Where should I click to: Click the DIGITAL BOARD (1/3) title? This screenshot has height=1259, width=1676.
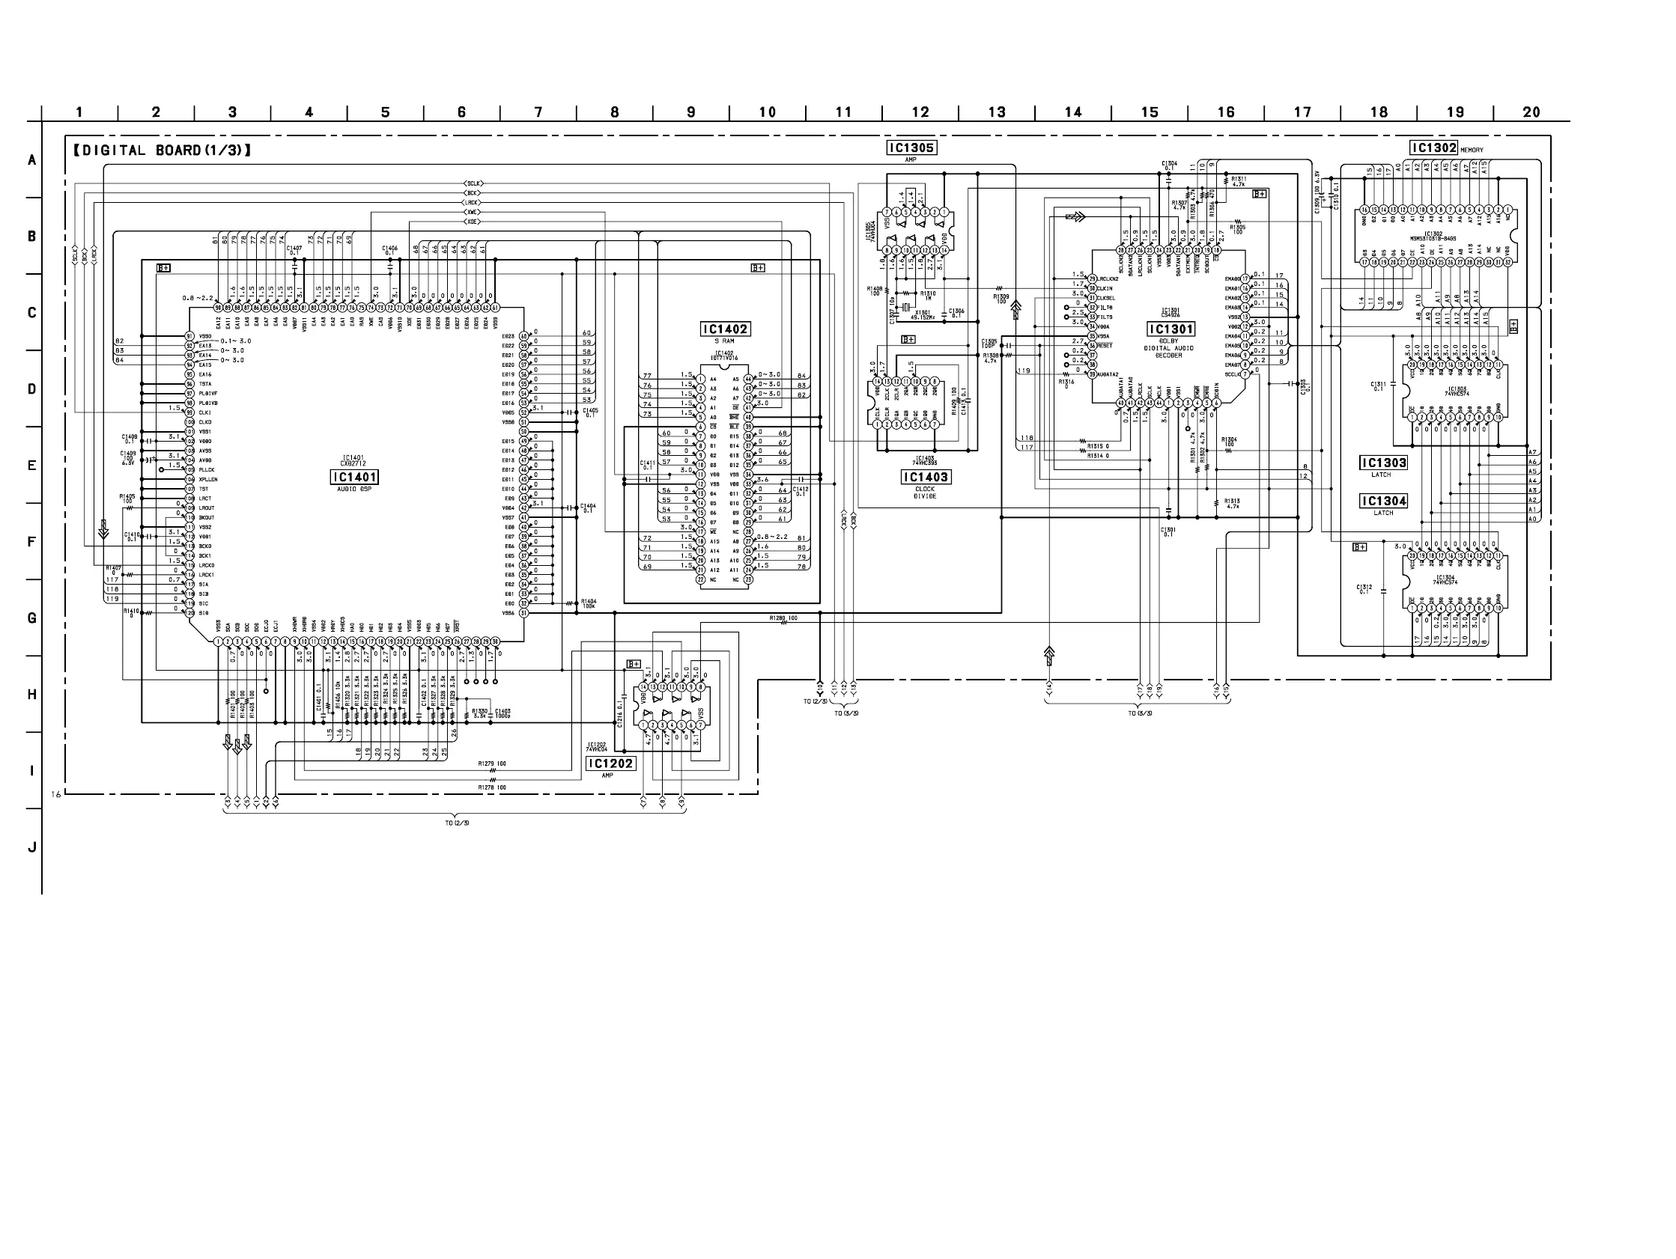tap(162, 150)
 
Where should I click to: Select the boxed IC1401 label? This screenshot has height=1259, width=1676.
tap(353, 478)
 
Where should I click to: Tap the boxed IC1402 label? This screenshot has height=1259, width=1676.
tap(725, 329)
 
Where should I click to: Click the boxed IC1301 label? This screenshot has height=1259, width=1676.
tap(1171, 329)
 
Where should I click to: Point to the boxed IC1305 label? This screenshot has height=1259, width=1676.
tap(911, 147)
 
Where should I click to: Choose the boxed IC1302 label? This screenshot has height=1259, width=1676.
tap(1433, 147)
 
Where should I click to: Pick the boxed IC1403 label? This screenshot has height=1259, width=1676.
tap(925, 478)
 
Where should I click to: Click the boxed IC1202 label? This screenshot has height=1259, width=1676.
tap(610, 763)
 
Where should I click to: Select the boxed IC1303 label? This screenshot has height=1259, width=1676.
tap(1384, 463)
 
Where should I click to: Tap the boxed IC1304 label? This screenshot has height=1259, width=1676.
tap(1384, 501)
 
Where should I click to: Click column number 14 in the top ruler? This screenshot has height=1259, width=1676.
tap(1073, 112)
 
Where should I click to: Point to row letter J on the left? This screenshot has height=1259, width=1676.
tap(31, 847)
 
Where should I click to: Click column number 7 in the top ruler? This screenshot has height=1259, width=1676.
tap(538, 112)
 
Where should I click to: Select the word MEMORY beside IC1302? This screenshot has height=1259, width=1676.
tap(1472, 150)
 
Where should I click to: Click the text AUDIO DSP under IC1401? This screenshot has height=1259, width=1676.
tap(353, 490)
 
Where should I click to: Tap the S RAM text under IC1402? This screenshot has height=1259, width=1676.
tap(724, 341)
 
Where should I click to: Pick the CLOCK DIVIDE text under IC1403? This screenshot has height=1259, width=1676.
tap(925, 493)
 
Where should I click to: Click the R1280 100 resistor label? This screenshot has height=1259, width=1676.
tap(783, 618)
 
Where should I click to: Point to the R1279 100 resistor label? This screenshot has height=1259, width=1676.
tap(492, 763)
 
